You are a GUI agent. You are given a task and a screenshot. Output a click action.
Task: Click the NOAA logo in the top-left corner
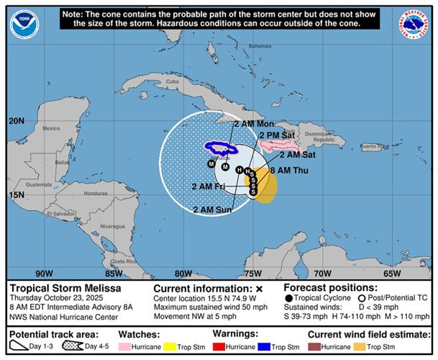click(23, 24)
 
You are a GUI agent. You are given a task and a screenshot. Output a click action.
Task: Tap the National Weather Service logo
click(415, 24)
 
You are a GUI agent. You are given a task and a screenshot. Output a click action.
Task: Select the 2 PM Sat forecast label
click(277, 135)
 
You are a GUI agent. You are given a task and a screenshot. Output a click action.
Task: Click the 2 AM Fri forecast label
click(209, 186)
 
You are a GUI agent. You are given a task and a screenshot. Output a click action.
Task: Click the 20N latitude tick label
click(16, 121)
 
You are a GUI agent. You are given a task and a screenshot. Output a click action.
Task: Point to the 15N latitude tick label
click(16, 194)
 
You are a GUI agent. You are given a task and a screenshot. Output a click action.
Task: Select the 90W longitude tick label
click(45, 274)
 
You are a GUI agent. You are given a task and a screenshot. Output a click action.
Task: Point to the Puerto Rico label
click(372, 146)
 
